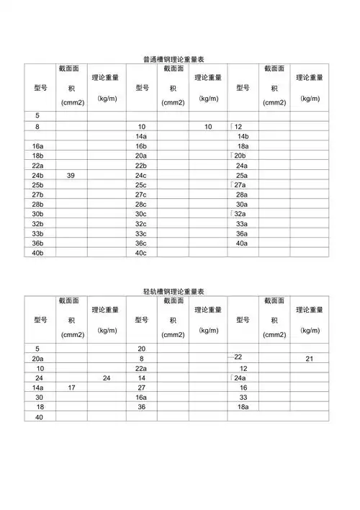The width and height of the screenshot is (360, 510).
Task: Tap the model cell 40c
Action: (x=141, y=253)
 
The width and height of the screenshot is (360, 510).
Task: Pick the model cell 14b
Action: (x=243, y=136)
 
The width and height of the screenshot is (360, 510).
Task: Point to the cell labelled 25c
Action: (x=141, y=185)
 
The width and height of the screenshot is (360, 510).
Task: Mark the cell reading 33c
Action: (x=141, y=233)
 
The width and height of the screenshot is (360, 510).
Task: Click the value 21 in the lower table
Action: (x=309, y=358)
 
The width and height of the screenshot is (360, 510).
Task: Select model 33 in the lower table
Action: (x=243, y=397)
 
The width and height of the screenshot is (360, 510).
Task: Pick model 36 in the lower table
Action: (x=141, y=407)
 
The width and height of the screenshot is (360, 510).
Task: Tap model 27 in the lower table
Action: (x=141, y=388)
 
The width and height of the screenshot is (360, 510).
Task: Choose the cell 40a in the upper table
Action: (x=242, y=243)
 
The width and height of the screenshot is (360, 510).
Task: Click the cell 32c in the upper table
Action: (x=141, y=224)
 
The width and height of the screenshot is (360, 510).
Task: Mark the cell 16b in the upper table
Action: (x=141, y=146)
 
